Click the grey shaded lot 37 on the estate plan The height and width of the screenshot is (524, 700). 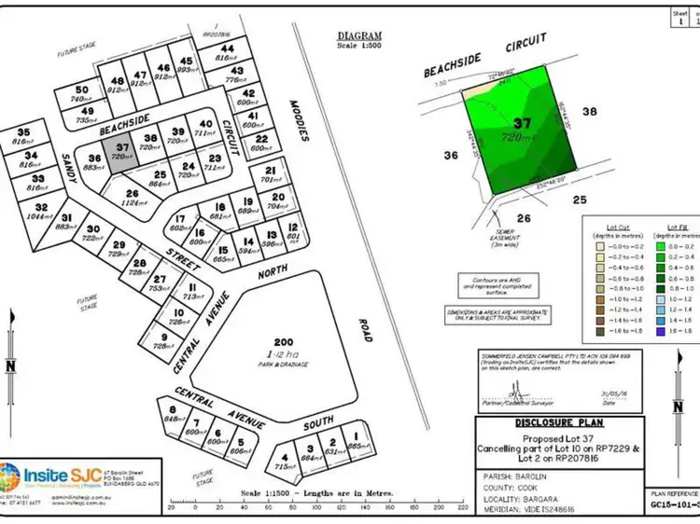122,152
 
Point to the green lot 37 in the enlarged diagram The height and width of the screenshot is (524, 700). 518,131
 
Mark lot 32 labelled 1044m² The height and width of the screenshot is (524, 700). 41,211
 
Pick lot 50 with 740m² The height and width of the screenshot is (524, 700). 82,93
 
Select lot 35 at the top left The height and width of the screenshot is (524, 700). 24,136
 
